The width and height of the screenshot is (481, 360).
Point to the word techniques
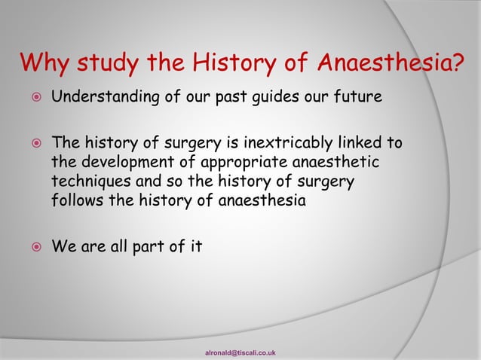pos(87,182)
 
